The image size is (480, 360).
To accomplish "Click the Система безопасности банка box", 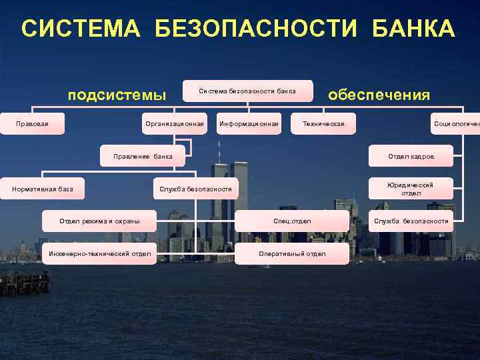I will [x=247, y=91].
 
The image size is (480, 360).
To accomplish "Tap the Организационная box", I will [x=174, y=123].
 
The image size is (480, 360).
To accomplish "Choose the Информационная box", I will [x=249, y=123].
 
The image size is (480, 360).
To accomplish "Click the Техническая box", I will [x=323, y=123].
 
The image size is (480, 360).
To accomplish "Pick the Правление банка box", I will [x=141, y=157].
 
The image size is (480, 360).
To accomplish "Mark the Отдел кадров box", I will [x=411, y=157].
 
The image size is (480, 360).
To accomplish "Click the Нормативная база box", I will [x=43, y=189].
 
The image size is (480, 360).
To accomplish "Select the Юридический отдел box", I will [x=411, y=189].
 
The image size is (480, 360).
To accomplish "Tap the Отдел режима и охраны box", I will [x=99, y=221].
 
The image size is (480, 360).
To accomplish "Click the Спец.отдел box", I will [x=292, y=221].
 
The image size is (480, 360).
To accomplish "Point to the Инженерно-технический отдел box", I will [x=100, y=253].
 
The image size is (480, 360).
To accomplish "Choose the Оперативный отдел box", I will [x=292, y=253].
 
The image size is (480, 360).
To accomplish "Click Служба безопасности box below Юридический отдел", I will [x=411, y=221].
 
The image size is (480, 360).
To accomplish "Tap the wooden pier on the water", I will [x=24, y=283].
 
